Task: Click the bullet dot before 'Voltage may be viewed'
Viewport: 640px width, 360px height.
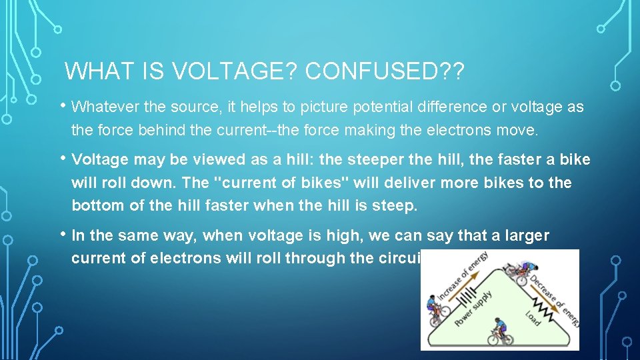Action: tap(64, 158)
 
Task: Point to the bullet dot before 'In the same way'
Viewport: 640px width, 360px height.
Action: tap(64, 233)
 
